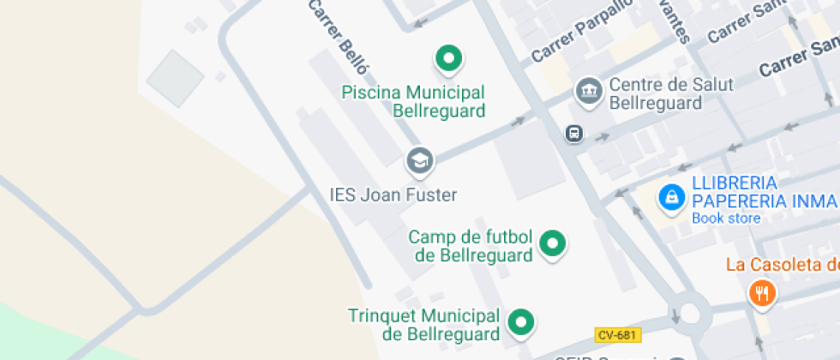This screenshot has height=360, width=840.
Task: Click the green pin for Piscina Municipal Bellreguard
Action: (447, 59)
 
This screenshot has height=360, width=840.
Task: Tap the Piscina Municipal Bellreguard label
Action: (413, 101)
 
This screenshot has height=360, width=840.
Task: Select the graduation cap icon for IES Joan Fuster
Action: (419, 159)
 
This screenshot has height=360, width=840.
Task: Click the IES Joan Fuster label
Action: (393, 195)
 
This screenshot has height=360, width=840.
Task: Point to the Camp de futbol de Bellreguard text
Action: (471, 245)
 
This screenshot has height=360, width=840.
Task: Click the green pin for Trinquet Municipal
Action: (520, 322)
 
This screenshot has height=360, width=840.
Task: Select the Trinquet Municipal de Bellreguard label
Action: (423, 325)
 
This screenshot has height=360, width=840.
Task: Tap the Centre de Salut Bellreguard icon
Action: (589, 90)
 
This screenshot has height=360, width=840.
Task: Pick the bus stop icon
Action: (573, 133)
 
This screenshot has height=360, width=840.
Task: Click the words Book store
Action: (726, 219)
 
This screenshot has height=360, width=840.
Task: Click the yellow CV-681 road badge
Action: (618, 333)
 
